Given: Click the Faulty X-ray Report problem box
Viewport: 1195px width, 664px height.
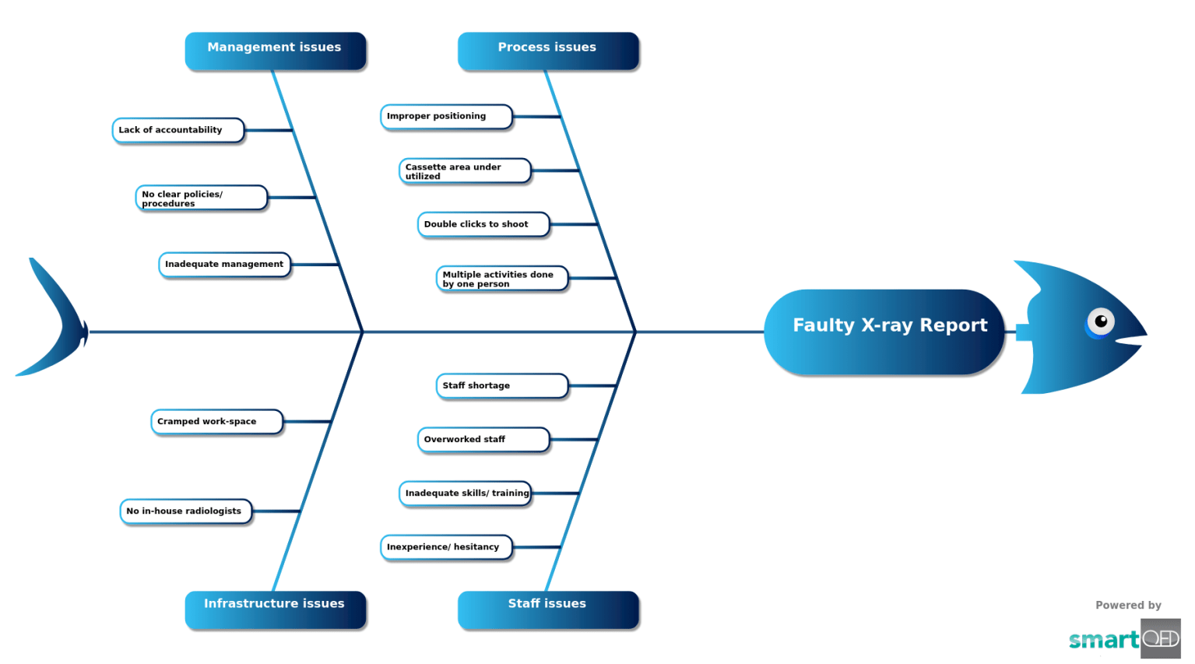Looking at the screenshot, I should (x=884, y=331).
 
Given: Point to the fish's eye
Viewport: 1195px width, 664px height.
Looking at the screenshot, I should (x=1101, y=321).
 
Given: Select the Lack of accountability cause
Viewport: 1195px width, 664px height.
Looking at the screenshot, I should (x=178, y=130).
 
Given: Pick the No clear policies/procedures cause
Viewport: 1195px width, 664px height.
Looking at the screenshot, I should (x=201, y=198).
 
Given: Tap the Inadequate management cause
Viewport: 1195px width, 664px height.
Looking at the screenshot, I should (x=224, y=265).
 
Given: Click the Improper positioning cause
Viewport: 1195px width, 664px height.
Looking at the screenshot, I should (x=446, y=116).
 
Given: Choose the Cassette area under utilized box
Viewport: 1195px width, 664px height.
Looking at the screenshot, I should (x=465, y=170).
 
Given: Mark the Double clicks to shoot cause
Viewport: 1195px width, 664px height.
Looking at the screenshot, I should (x=483, y=224).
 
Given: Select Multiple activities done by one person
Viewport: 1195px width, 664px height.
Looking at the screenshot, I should (x=502, y=278).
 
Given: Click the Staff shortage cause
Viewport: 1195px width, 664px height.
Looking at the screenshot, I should (x=502, y=385).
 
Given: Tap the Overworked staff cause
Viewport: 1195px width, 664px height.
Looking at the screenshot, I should (x=483, y=439).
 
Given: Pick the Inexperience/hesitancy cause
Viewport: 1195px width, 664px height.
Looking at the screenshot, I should (x=446, y=546).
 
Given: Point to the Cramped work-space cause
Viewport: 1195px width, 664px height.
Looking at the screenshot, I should (x=216, y=421).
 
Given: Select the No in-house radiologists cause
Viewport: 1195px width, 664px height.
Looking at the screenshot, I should (x=185, y=511).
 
